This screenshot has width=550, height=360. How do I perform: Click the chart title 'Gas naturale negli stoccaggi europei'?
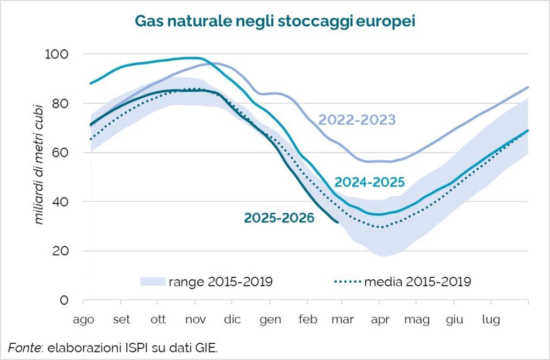(274, 21)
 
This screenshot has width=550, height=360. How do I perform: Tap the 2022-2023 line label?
(357, 119)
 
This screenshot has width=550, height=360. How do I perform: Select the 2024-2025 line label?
(369, 182)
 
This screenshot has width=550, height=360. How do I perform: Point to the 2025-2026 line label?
(279, 218)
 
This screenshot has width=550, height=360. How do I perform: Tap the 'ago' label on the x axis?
(84, 320)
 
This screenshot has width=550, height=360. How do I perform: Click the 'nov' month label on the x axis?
(196, 320)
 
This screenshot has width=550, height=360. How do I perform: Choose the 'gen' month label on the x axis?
(270, 320)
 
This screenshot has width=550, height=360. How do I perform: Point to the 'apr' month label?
(380, 320)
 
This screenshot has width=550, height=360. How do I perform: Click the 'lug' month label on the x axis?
(491, 320)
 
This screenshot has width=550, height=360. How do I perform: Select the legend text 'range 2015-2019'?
(221, 282)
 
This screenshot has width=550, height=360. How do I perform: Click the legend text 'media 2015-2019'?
(418, 282)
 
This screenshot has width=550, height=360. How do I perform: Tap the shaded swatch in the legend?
(152, 282)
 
